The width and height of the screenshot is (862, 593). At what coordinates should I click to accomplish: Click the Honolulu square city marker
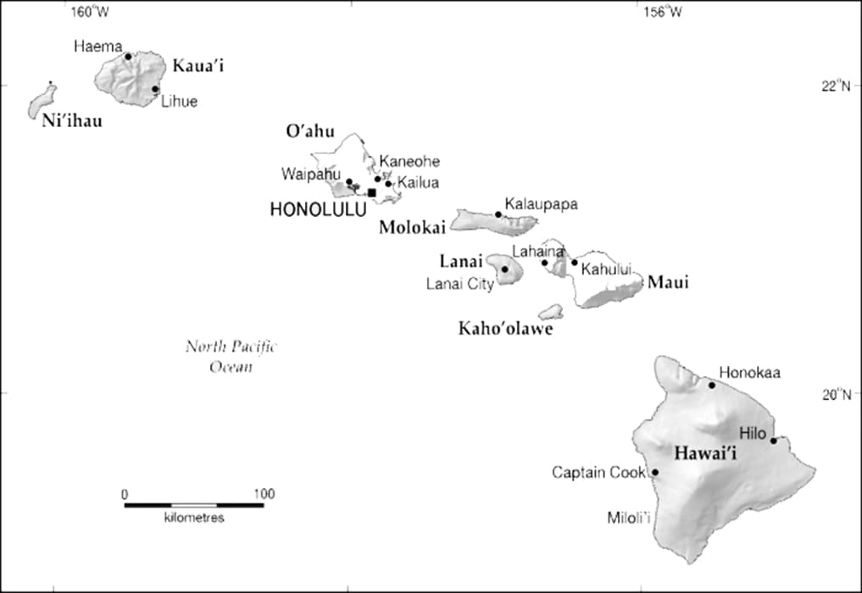point(371,192)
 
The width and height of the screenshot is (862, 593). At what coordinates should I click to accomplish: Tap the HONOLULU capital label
point(318,209)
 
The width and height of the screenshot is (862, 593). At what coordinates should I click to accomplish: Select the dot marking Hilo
point(773,440)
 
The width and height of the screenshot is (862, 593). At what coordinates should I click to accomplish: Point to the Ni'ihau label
point(72,121)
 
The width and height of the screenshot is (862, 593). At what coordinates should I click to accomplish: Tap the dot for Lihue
point(155,89)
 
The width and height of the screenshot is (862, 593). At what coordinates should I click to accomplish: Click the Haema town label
point(98,46)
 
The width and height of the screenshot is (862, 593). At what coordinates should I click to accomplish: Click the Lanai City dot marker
point(505,269)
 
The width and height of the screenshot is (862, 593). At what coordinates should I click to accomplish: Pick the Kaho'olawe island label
point(505,329)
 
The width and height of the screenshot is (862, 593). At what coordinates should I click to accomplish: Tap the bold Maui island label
point(668,282)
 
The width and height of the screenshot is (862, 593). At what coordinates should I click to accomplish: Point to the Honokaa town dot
point(712,385)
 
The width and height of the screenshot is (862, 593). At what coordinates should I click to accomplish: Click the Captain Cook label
point(599,472)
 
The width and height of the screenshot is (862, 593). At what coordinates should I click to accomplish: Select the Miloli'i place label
point(629,517)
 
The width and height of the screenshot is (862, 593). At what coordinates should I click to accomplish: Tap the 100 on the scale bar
point(264,494)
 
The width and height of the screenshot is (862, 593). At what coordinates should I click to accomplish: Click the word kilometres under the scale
point(194,517)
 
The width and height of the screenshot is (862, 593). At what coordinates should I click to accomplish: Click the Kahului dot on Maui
point(574,262)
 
